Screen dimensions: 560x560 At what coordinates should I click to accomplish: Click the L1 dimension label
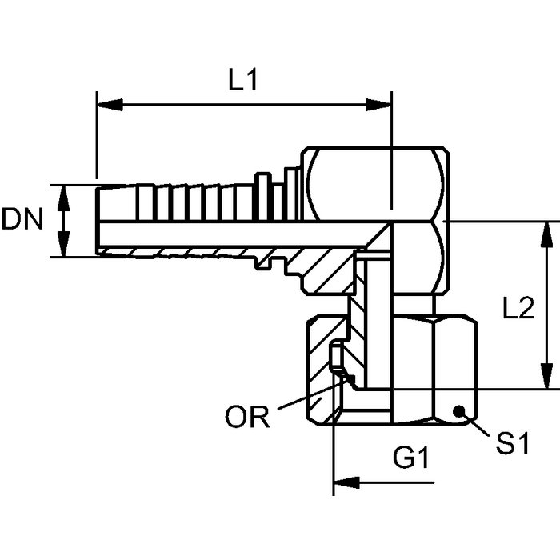click(243, 79)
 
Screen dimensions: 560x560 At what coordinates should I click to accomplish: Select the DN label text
click(22, 218)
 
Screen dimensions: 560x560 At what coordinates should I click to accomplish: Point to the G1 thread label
click(410, 457)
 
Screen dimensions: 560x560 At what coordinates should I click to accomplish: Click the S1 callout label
click(513, 443)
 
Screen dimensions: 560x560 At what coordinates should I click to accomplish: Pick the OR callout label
click(247, 417)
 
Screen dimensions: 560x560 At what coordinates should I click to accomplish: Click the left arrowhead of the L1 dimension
click(110, 105)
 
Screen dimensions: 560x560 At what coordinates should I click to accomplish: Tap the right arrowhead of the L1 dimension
click(378, 105)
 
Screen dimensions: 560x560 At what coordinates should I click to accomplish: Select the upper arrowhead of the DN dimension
click(63, 198)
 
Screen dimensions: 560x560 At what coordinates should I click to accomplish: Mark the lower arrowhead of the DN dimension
click(63, 244)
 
